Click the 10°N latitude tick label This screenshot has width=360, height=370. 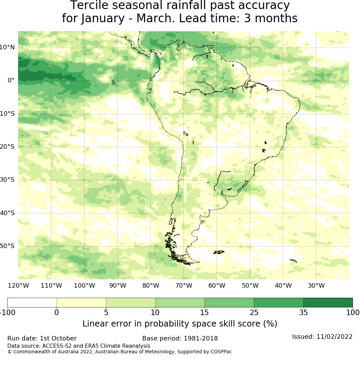click(x=7, y=47)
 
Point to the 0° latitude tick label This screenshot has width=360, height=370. click(x=11, y=80)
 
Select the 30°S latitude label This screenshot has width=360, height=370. click(x=7, y=180)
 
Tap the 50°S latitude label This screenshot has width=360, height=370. click(x=7, y=246)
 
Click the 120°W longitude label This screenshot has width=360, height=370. click(x=18, y=286)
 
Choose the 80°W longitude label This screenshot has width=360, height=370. click(x=151, y=286)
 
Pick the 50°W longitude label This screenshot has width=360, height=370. click(x=250, y=286)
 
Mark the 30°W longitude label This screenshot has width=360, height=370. click(x=316, y=286)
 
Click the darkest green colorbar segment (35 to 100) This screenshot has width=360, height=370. click(x=328, y=303)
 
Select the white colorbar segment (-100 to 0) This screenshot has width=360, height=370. click(x=32, y=303)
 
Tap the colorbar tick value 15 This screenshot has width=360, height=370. click(x=205, y=312)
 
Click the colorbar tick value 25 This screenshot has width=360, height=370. click(x=254, y=312)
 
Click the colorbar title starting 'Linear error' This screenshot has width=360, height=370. click(x=180, y=324)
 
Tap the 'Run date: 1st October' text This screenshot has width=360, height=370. click(x=42, y=338)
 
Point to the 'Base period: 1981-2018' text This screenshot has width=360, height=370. click(x=180, y=338)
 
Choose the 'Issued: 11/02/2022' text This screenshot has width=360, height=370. click(x=322, y=337)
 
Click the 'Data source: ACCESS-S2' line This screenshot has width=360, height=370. click(x=79, y=346)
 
